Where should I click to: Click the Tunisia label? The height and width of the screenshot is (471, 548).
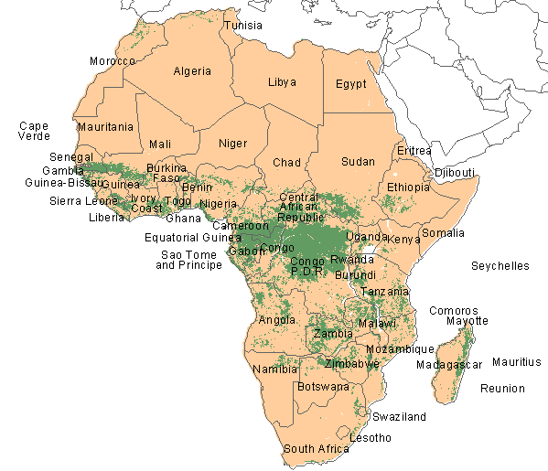pos(244,25)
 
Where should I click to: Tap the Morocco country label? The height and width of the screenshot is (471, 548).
pos(113,61)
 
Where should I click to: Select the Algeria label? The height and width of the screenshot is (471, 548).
pos(192,71)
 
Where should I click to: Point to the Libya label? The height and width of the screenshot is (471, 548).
pos(282,82)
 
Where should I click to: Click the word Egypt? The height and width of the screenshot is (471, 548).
pos(350,83)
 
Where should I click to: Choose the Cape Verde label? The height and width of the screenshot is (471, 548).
pos(34,131)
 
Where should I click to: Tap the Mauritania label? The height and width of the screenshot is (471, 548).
pos(105,126)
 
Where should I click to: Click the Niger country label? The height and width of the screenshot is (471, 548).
pos(232,143)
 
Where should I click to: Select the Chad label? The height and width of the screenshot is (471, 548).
pos(286,163)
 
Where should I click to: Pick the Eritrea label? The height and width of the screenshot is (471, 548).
pos(414,150)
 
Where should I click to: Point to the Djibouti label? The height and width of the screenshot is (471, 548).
pos(454,172)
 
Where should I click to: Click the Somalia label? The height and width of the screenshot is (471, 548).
pos(443,233)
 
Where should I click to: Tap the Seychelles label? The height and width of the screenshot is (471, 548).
pos(500,266)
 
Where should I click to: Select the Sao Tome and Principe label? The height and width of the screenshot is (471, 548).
pos(189,260)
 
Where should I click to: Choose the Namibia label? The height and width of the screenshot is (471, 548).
pos(274,369)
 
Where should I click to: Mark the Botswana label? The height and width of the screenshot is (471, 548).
pos(324,387)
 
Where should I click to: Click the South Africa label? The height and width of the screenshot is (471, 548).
pos(316,449)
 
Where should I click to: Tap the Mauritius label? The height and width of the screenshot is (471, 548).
pos(516,362)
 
